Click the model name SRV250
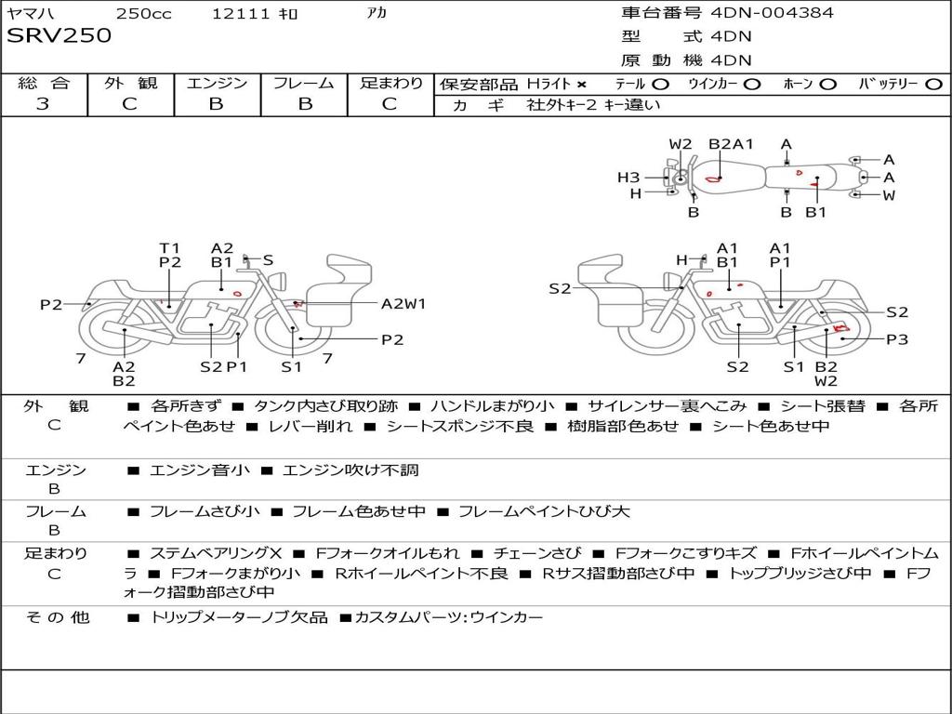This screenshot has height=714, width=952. pyautogui.click(x=59, y=36)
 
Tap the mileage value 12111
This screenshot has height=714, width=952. pyautogui.click(x=241, y=14)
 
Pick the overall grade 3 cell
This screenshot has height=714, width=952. pyautogui.click(x=43, y=104)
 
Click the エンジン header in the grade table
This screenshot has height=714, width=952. pyautogui.click(x=217, y=83)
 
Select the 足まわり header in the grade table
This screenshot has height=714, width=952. pyautogui.click(x=390, y=83)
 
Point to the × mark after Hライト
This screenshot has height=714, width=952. pyautogui.click(x=582, y=84)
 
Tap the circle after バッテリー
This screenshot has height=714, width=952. pyautogui.click(x=933, y=84)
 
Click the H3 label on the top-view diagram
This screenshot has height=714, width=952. pyautogui.click(x=628, y=178)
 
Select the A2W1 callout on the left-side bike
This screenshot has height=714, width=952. pyautogui.click(x=403, y=303)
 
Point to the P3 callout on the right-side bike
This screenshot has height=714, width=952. pyautogui.click(x=896, y=339)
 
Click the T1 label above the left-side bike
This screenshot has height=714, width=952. pyautogui.click(x=169, y=248)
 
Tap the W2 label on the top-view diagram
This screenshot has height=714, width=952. pyautogui.click(x=681, y=144)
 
